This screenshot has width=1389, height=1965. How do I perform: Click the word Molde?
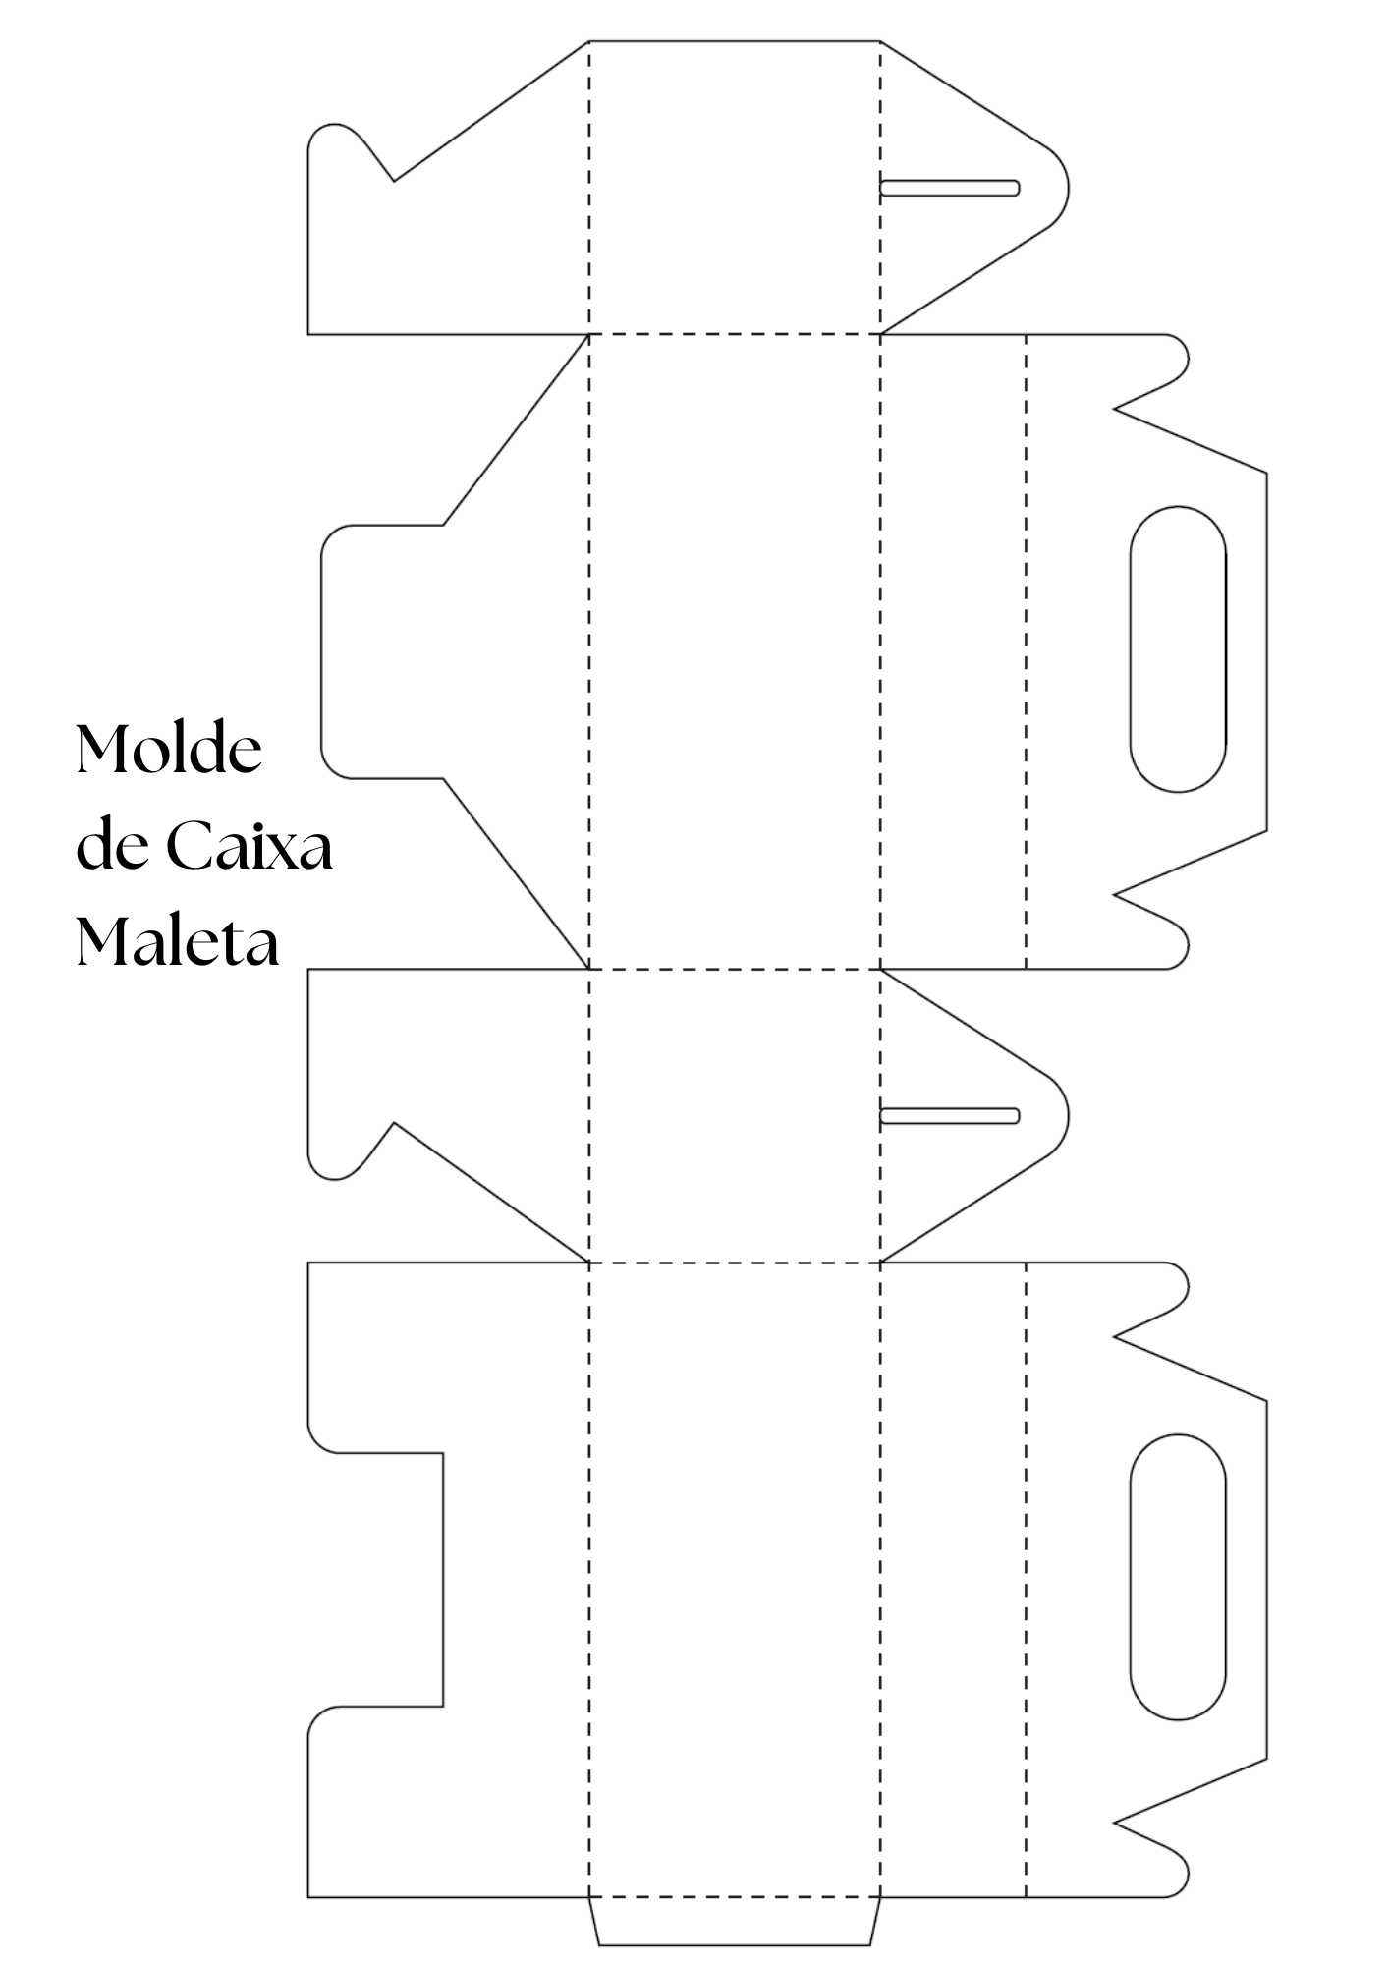(169, 751)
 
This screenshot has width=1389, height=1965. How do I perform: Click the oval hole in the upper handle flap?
(1178, 648)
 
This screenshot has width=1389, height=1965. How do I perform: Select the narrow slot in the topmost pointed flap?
(950, 188)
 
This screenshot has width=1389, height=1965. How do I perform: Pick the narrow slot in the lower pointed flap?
(950, 1115)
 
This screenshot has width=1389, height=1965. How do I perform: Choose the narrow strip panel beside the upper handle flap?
(953, 651)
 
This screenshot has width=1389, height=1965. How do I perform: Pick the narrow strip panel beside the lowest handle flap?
(953, 1579)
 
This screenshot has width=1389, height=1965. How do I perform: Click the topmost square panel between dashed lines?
(735, 188)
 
